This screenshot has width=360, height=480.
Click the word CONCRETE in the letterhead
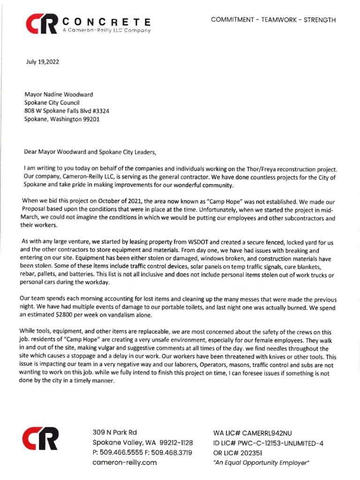tap(106, 22)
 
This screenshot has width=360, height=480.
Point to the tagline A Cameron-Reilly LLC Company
tap(106, 30)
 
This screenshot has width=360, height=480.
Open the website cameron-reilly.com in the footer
tap(124, 462)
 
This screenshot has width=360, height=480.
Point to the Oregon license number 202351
tap(250, 453)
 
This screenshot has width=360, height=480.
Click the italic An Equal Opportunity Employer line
tap(261, 463)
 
